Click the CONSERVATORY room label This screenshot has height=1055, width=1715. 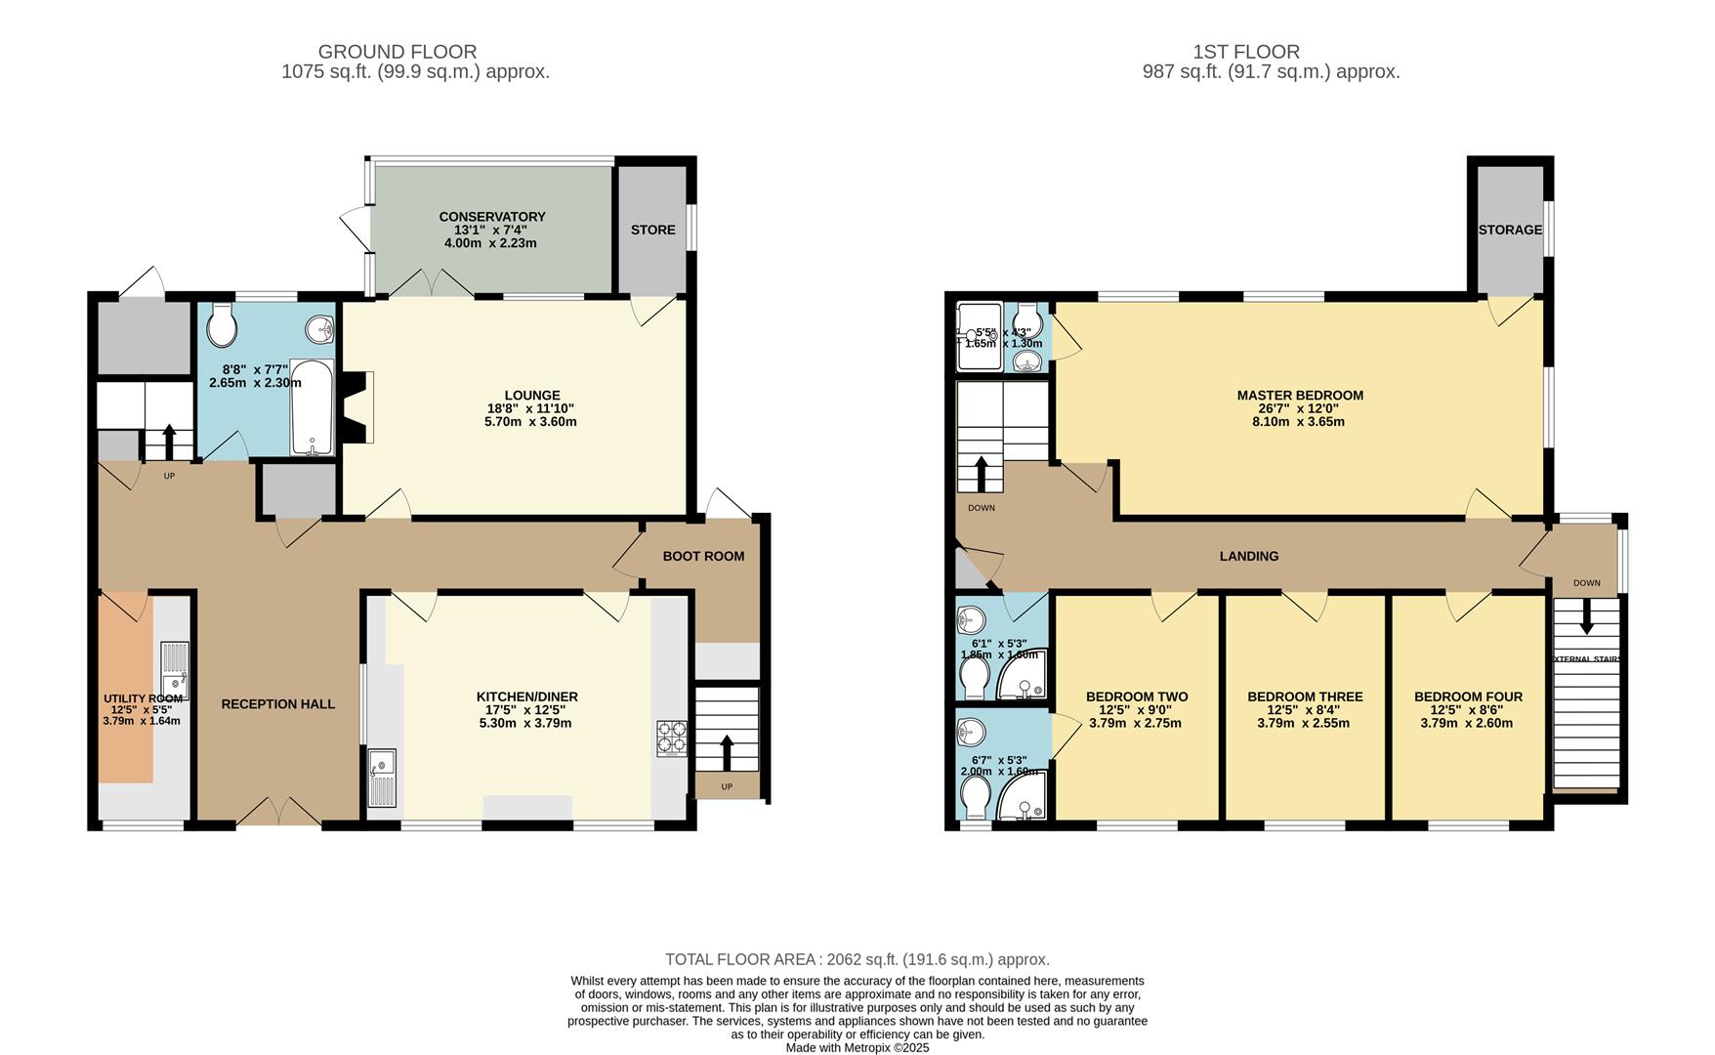(491, 217)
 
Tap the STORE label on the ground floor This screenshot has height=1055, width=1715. (652, 231)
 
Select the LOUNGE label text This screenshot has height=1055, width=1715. (531, 396)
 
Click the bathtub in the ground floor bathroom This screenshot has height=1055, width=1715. (313, 406)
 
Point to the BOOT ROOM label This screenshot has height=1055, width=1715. (703, 557)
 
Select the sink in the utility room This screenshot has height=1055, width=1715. (174, 667)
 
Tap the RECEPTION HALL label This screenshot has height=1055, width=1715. (277, 704)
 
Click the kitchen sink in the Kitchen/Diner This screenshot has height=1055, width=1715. (382, 776)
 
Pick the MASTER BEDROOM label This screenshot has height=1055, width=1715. (1299, 396)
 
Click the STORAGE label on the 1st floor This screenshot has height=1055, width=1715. (1509, 231)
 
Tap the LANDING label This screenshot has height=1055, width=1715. (1248, 557)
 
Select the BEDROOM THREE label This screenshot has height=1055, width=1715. (1305, 697)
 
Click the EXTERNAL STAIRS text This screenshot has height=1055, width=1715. (1587, 659)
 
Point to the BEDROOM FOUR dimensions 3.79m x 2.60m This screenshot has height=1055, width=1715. (1467, 724)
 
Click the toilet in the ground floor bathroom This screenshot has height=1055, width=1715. (223, 327)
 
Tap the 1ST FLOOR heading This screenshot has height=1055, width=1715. (1245, 52)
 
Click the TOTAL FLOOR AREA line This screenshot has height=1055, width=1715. (857, 959)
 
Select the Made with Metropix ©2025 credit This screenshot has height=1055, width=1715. (857, 1047)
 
